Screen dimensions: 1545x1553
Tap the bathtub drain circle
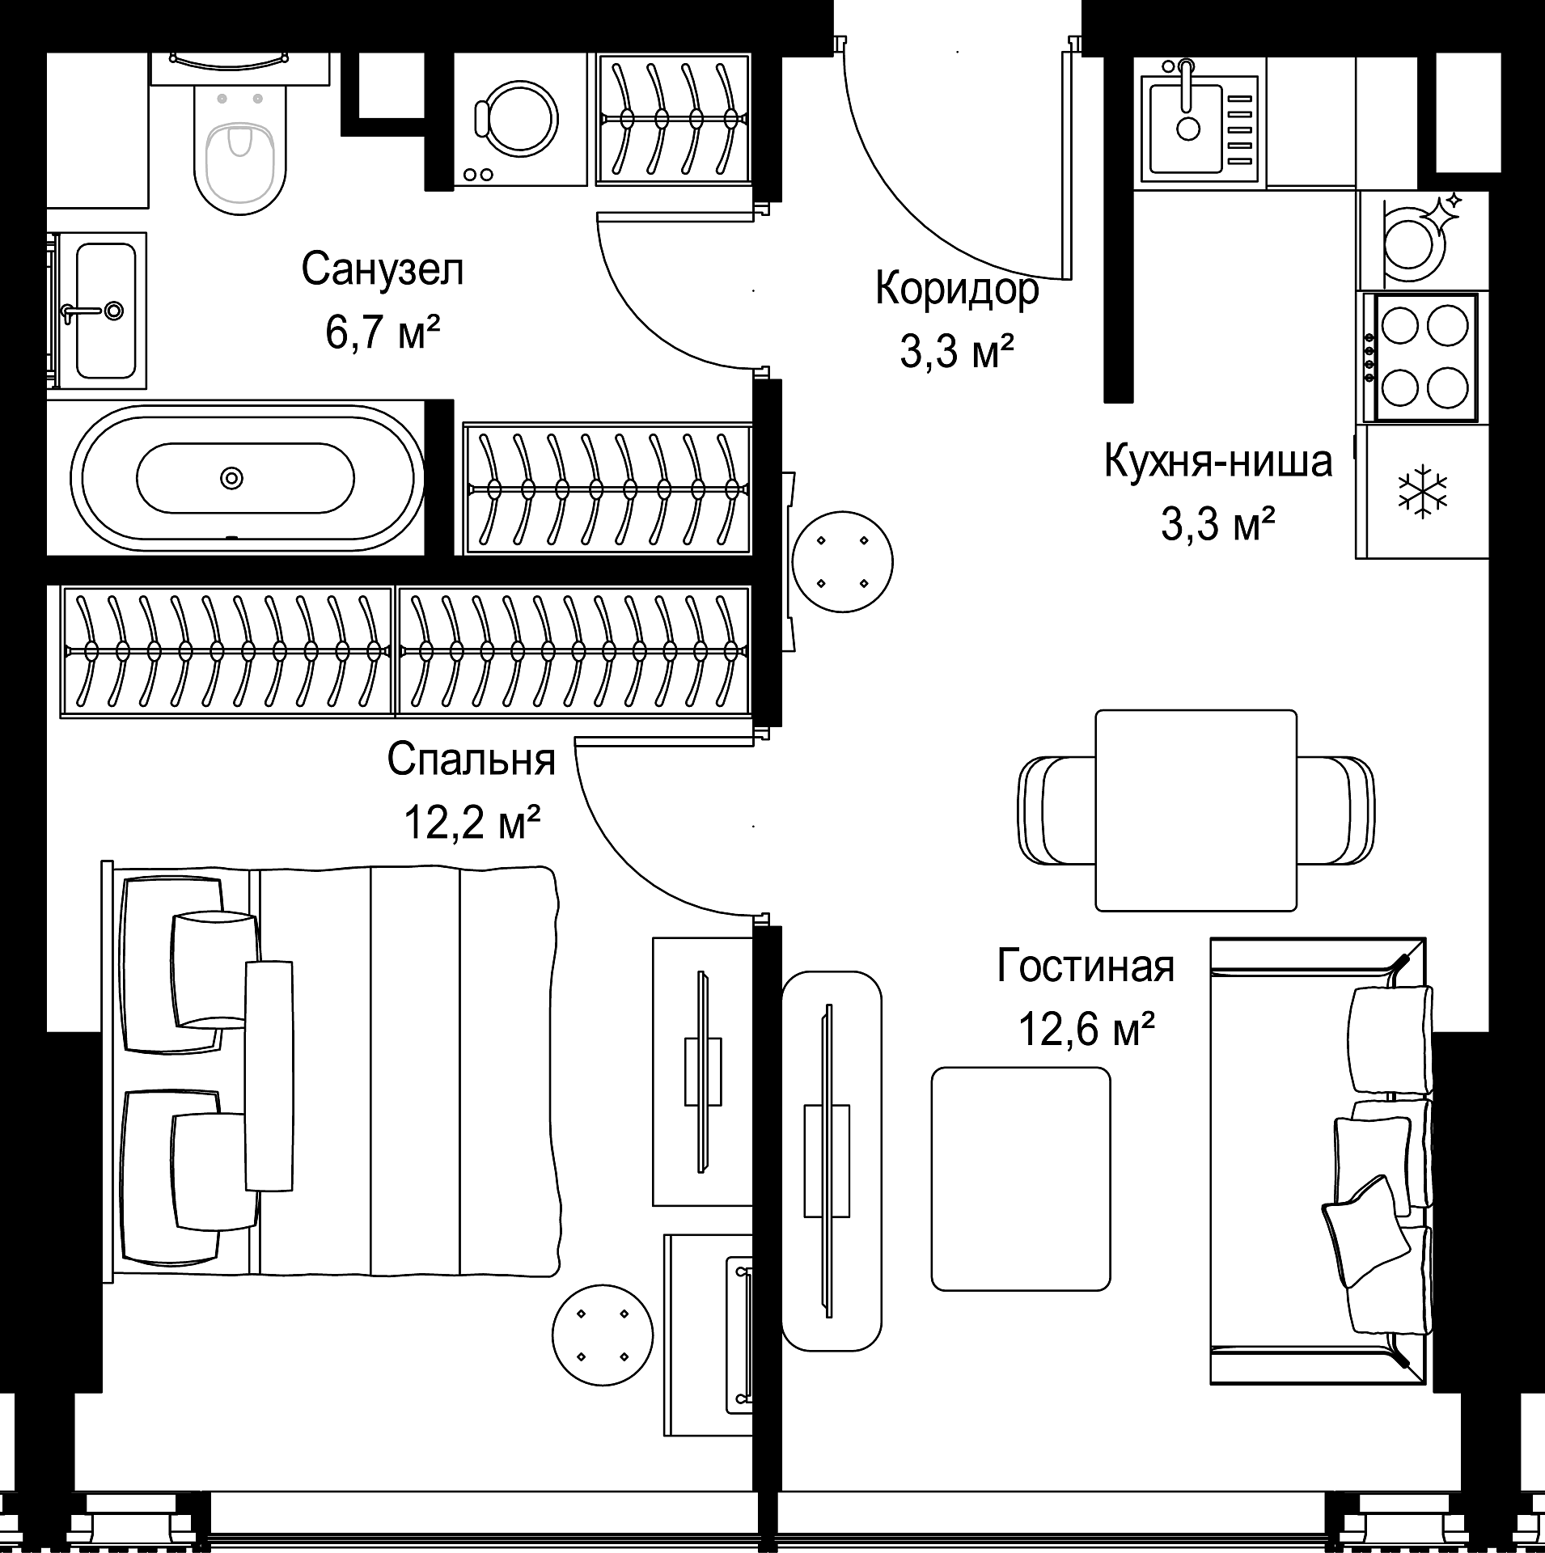point(232,478)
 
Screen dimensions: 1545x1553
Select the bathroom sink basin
point(106,311)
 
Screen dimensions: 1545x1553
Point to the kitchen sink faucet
point(1187,85)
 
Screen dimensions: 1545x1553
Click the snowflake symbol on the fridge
point(1423,492)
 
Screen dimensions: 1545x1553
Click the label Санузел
point(383,269)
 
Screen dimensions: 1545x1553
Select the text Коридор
point(957,289)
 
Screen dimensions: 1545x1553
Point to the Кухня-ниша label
point(1218,462)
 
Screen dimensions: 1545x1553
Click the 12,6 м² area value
point(1086,1029)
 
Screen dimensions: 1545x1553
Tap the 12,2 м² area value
point(472,823)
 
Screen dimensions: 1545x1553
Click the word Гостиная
point(1085,966)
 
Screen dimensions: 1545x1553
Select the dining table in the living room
point(1196,810)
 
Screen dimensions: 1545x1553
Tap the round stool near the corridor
point(843,561)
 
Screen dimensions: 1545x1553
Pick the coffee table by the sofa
point(1021,1179)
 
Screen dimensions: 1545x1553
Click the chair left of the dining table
point(1056,810)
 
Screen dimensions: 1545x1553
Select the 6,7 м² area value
point(383,333)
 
